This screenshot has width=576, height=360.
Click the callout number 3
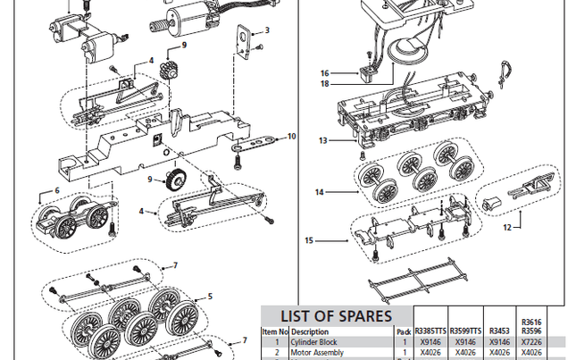click(266, 30)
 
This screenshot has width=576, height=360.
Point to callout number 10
click(291, 137)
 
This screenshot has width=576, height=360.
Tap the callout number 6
click(56, 190)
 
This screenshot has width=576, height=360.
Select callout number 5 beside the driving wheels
click(210, 296)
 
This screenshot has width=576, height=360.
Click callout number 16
click(324, 73)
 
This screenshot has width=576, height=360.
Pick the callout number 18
click(324, 84)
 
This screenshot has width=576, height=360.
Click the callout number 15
click(309, 239)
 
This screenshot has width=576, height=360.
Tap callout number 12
click(506, 227)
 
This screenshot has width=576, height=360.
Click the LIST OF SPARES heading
click(336, 315)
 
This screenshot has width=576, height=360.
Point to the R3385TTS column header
click(430, 330)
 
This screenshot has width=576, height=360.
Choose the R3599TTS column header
click(464, 330)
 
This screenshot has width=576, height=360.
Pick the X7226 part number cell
click(532, 341)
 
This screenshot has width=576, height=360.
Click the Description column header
click(310, 331)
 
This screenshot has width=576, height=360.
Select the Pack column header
click(404, 331)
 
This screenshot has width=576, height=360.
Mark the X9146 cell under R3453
click(499, 341)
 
